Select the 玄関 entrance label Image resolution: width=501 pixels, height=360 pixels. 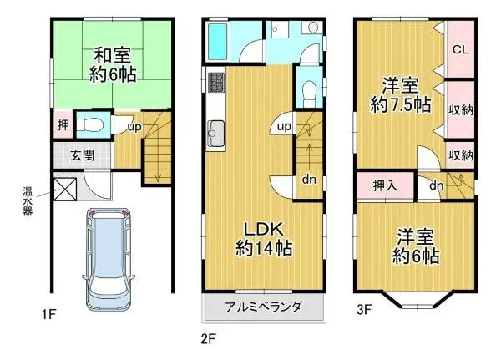(x=81, y=155)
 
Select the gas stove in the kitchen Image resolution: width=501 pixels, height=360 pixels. (x=216, y=84)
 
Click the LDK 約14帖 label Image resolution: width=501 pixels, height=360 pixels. (x=261, y=237)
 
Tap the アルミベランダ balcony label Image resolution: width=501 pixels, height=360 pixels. (x=263, y=307)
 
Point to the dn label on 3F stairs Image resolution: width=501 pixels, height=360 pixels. (x=436, y=185)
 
